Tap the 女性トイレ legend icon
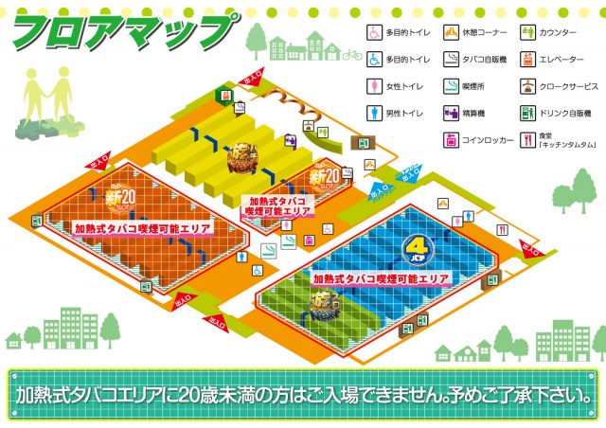[375, 86]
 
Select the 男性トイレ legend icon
[375, 114]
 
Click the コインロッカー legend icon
[451, 141]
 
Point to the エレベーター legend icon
[526, 59]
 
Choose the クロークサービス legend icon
[526, 86]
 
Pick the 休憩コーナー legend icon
[451, 31]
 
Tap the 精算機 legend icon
[451, 114]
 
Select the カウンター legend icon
[526, 31]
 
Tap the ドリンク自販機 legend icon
[526, 114]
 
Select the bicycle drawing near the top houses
[352, 55]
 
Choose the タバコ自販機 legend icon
[451, 59]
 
